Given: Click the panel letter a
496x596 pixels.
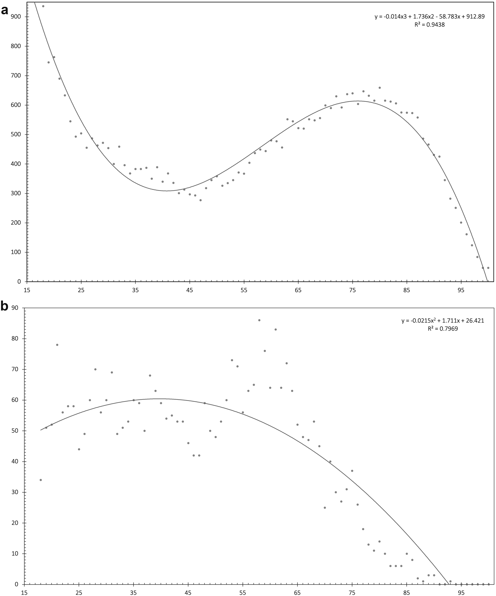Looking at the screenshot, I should pos(5,10).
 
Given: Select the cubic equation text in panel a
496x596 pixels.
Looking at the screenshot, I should pos(429,17).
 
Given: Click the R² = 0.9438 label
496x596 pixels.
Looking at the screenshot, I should pos(429,25).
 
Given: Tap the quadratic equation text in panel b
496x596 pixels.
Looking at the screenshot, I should pos(443,321).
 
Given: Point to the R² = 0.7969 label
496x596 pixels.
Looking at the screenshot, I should pos(443,329).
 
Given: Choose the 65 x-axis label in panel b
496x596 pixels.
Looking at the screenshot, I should pos(298,593).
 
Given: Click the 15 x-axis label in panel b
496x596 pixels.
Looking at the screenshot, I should pos(25,593).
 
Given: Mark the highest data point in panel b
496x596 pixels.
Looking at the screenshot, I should pos(259,320).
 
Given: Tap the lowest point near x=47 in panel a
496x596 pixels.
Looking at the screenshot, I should pos(200,200).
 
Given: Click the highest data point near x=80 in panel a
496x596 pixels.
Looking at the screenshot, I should pos(380,88).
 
